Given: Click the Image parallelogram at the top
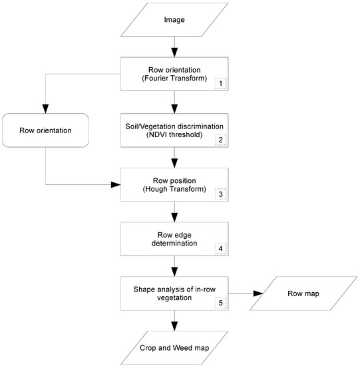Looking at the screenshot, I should [x=174, y=20].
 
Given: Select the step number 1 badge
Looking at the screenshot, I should [x=221, y=84].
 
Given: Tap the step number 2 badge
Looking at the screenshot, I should [x=221, y=140].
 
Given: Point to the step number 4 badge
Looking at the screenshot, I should [x=221, y=250].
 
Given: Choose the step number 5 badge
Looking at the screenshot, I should [x=221, y=303].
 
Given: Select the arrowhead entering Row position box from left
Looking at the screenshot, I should [x=116, y=184].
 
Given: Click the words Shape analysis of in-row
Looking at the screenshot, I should [x=174, y=287].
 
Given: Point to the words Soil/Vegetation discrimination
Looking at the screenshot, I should [x=174, y=126].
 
